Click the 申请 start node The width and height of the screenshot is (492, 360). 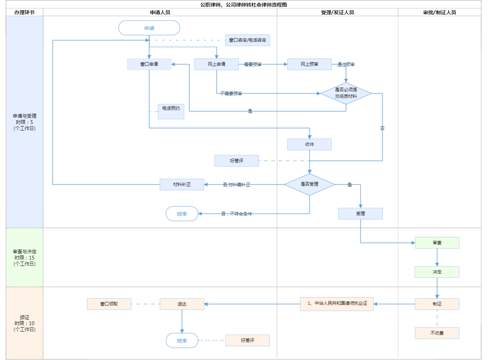tap(149, 28)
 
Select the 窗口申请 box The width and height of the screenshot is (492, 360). tap(149, 64)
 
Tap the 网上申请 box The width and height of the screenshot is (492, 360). tap(216, 64)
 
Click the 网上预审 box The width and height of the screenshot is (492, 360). tap(309, 64)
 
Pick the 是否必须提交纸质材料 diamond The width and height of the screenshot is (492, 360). tap(346, 93)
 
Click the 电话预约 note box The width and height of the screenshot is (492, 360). tap(171, 111)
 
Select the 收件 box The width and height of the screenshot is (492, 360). tap(309, 144)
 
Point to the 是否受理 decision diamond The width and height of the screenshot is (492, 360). tap(309, 184)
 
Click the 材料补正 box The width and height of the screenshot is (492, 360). tap(182, 184)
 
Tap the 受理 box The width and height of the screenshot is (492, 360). tap(360, 214)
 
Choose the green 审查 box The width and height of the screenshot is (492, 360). tap(437, 243)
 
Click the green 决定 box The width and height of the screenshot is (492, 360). tap(437, 272)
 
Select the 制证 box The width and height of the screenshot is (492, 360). tap(437, 304)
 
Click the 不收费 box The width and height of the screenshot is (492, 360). tap(437, 333)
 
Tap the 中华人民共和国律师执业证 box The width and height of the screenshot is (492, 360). tap(337, 304)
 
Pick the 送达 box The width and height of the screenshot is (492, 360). tap(182, 304)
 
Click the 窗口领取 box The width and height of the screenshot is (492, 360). tap(109, 304)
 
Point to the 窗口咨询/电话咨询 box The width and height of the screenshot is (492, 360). tap(247, 40)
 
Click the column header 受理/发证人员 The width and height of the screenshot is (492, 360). tap(337, 12)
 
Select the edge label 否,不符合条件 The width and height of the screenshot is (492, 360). tap(237, 214)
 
